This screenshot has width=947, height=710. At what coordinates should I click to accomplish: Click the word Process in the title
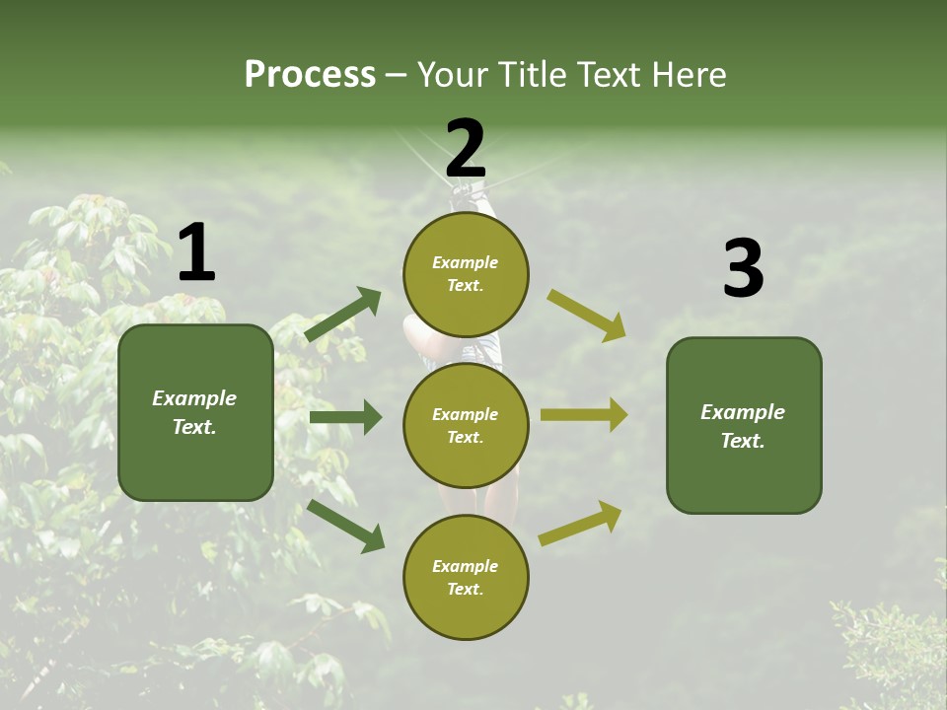(x=310, y=75)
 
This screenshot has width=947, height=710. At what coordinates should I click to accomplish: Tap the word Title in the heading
(x=527, y=75)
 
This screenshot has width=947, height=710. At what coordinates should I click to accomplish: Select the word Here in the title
(x=688, y=75)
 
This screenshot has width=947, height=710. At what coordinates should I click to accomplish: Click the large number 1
(x=196, y=253)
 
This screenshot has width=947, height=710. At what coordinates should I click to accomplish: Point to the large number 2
(x=466, y=148)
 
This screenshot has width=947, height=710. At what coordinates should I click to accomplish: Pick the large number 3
(x=743, y=268)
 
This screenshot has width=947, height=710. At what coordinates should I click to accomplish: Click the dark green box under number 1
(x=195, y=412)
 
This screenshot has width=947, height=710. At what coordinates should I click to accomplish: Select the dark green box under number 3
(x=744, y=426)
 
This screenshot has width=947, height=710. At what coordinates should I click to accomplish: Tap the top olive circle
(x=466, y=274)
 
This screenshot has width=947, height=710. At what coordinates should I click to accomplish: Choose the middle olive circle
(x=466, y=426)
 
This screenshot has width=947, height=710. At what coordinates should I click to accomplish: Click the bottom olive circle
(x=466, y=578)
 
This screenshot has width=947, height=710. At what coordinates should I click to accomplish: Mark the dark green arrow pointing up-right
(x=343, y=314)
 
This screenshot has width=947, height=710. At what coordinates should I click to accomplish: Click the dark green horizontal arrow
(x=345, y=417)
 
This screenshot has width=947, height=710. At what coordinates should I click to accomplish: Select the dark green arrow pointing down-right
(x=345, y=525)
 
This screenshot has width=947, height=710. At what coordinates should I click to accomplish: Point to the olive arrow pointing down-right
(x=586, y=315)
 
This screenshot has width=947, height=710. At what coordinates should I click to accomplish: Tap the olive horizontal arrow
(x=584, y=415)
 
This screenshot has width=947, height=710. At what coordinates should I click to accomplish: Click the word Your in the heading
(x=452, y=75)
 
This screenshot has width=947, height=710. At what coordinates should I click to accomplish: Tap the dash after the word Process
(x=397, y=76)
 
